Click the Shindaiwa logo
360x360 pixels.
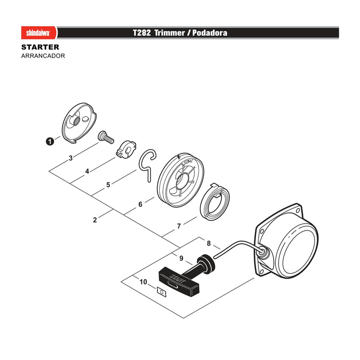pos(39,33)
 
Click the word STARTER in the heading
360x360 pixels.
pos(40,47)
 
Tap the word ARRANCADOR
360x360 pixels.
pos(43,56)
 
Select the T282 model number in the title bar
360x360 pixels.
pos(142,33)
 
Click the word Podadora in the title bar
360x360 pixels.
pos(210,33)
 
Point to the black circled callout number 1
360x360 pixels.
pos(50,141)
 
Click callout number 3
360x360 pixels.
pos(71,158)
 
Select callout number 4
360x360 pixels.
pos(87,171)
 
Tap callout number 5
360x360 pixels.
pos(108,185)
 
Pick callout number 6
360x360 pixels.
pos(140,204)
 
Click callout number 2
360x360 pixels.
pos(95,220)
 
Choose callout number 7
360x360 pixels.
pos(179,226)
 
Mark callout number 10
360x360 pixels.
pos(143,282)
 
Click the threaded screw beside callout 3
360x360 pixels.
pos(106,137)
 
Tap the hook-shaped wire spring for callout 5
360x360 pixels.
pos(148,165)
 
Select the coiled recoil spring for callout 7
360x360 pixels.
pos(215,202)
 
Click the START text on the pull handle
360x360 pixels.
pos(178,278)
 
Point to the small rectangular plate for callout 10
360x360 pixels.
pos(162,292)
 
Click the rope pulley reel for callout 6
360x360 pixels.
pos(181,180)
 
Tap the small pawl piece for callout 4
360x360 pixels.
pos(126,149)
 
